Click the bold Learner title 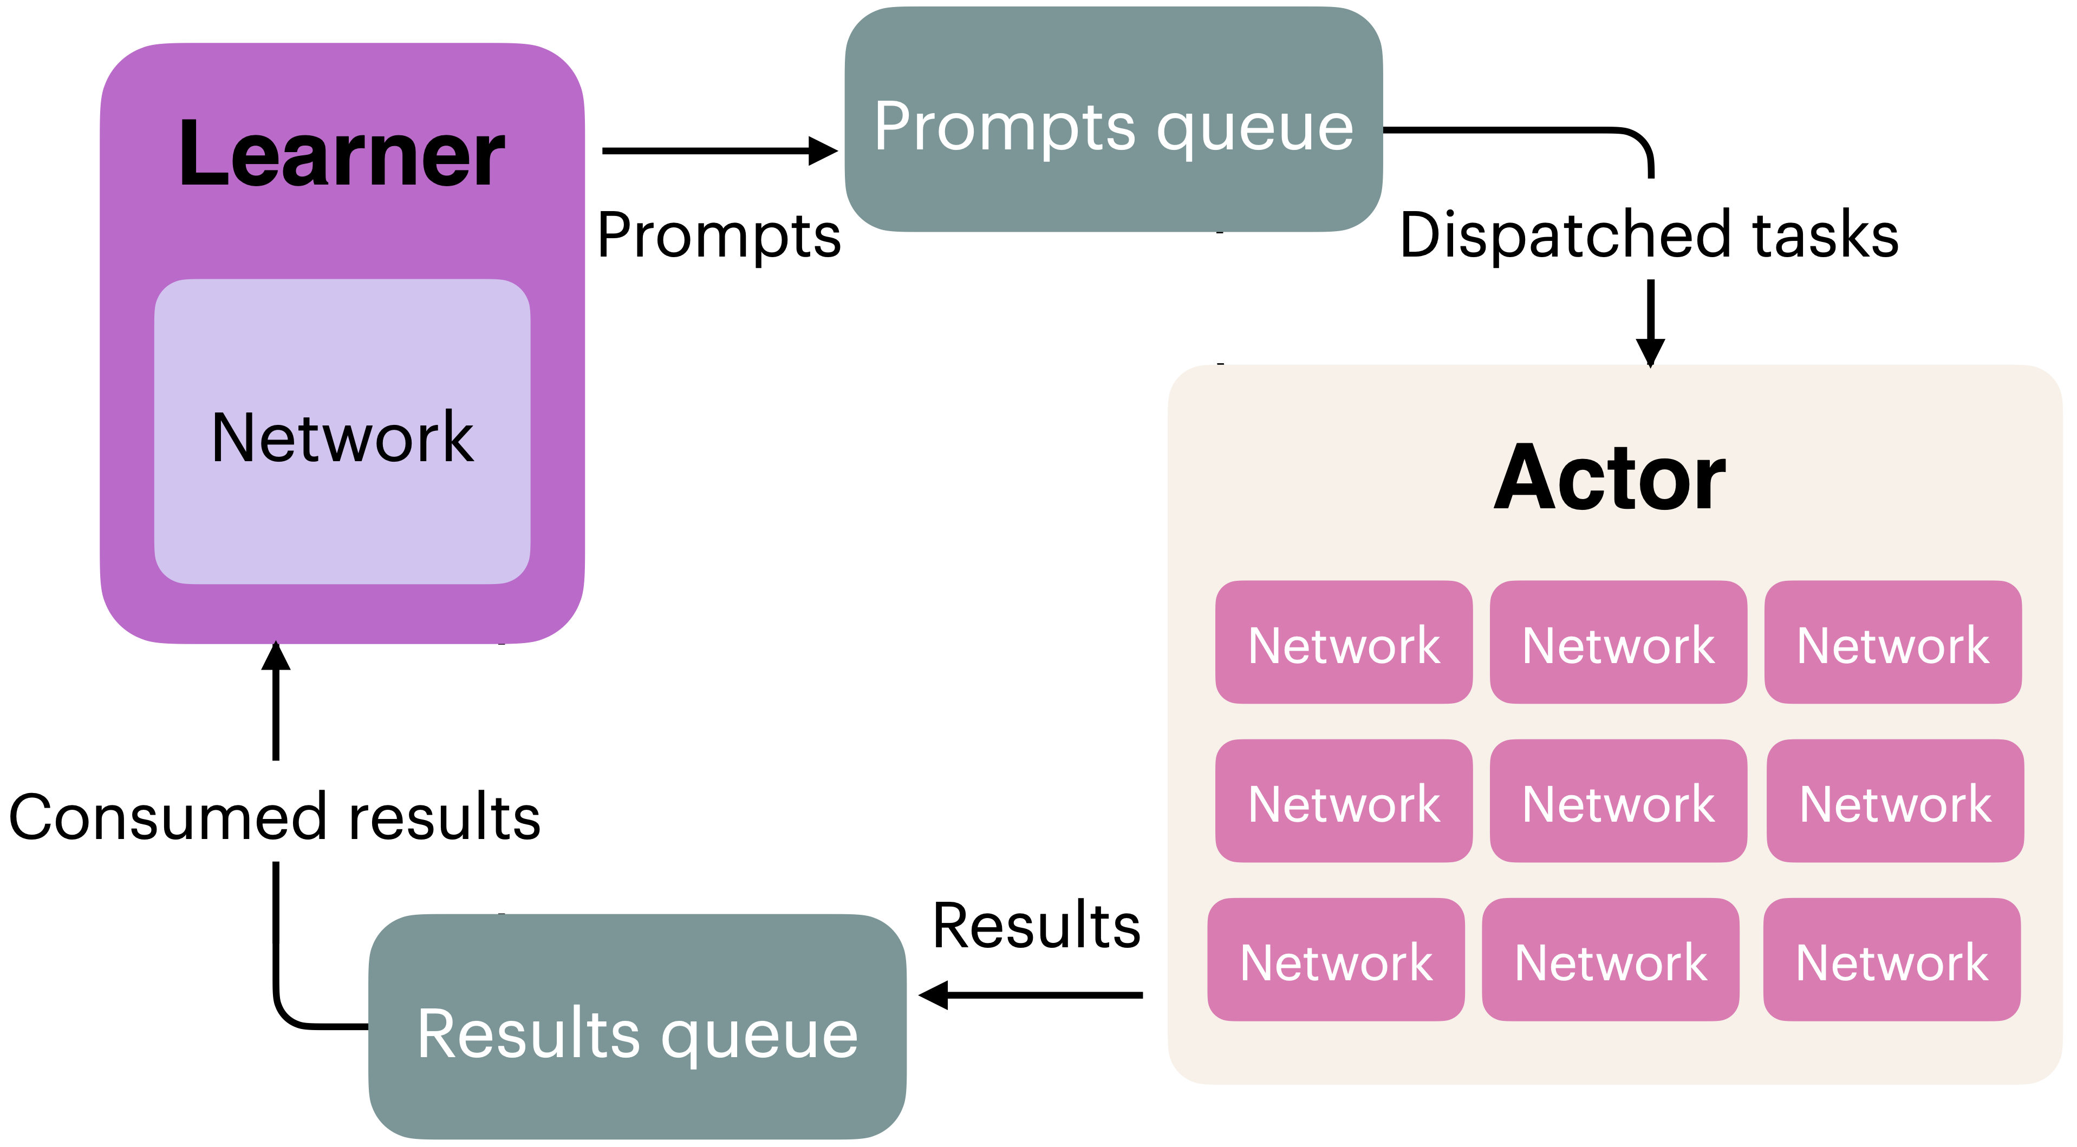342,153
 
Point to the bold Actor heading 1610,479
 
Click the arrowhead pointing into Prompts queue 824,150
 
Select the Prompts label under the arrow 719,235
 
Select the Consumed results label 275,817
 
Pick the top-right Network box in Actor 1892,643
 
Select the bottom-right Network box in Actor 1892,960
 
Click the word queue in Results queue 760,1036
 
